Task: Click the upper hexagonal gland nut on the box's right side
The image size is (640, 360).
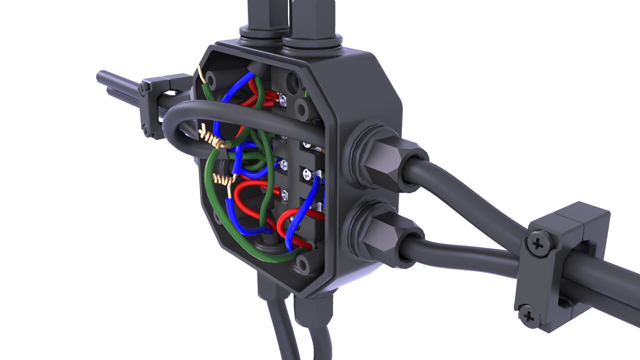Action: pos(383,163)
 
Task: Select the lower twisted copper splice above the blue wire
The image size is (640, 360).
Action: pos(223,180)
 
